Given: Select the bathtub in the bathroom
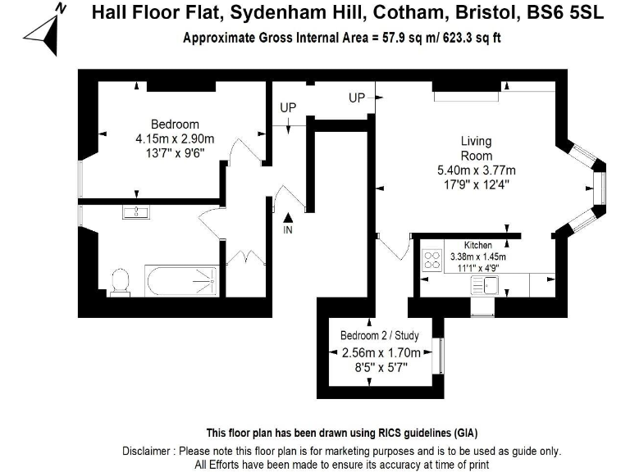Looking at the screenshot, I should [x=182, y=281].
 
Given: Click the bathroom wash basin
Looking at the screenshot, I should [x=135, y=213].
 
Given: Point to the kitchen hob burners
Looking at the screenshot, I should [x=431, y=261].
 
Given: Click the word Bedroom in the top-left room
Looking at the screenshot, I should [x=175, y=125].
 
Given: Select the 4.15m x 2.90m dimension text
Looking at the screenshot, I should [x=175, y=138].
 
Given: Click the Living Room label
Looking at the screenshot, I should [x=477, y=148].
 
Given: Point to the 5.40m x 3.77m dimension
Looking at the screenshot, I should [x=477, y=170].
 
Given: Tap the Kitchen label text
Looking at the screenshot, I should [x=478, y=245].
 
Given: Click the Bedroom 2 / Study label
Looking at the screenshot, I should [x=380, y=335].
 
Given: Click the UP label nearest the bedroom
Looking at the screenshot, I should [x=288, y=107].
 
